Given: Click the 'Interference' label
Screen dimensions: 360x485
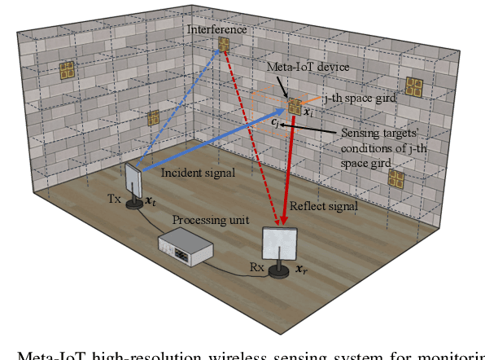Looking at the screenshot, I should (216, 29).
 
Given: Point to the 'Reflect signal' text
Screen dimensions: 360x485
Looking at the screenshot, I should (324, 207).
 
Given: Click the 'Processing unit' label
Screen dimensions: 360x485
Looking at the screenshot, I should (203, 220).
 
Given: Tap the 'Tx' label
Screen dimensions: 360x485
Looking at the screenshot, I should (114, 199).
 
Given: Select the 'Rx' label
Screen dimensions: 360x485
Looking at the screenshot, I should (256, 266).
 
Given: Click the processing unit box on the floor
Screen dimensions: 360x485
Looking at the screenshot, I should (185, 245).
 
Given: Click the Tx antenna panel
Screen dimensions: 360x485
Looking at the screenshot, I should (134, 180).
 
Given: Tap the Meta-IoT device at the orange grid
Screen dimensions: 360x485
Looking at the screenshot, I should (293, 105).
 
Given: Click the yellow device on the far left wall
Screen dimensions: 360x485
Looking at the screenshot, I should (67, 71).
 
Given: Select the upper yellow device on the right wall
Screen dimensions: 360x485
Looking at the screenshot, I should (415, 86).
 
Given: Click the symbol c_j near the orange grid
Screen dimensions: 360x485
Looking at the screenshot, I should (276, 122).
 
